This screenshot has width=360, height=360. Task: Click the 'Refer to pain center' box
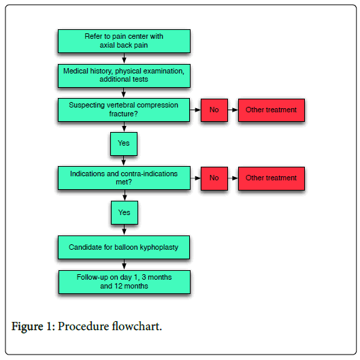click(x=124, y=41)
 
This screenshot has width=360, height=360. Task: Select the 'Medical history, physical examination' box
click(x=124, y=76)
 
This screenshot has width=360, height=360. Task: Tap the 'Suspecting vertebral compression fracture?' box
click(x=124, y=110)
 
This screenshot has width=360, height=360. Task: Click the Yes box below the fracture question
click(x=124, y=144)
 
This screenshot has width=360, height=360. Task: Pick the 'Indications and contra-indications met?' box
click(x=124, y=178)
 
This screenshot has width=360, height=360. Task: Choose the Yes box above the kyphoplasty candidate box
click(x=125, y=212)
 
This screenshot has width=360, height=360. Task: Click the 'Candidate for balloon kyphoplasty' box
click(x=124, y=247)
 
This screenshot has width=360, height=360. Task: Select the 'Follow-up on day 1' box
click(x=125, y=282)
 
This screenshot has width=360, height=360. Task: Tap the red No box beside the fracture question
click(x=214, y=110)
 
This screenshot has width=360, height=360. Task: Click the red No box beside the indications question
click(x=214, y=178)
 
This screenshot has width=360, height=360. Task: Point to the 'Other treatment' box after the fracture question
click(x=272, y=110)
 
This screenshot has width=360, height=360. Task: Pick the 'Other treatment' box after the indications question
click(x=272, y=178)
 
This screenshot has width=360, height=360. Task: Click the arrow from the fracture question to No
click(x=195, y=110)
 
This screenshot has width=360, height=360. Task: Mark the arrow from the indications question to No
click(x=195, y=178)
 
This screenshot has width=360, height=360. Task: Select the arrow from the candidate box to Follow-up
click(x=124, y=265)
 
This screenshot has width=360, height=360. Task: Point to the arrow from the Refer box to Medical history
click(x=124, y=59)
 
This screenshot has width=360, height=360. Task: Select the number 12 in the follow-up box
click(x=118, y=286)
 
